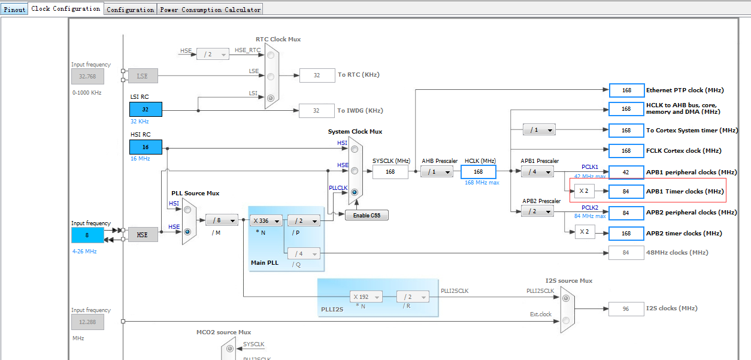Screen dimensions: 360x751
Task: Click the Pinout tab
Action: tap(14, 10)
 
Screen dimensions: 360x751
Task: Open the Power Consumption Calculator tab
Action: tap(210, 10)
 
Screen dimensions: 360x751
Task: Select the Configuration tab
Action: tap(130, 10)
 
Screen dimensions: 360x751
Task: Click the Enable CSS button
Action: tap(367, 215)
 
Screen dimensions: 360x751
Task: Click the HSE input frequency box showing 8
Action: tap(87, 235)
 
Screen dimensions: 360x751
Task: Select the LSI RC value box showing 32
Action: tap(146, 109)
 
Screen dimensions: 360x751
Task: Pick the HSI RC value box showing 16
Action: tap(146, 147)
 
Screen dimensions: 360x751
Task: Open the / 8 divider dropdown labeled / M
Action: tap(222, 220)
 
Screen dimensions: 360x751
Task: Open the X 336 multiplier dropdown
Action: tap(266, 220)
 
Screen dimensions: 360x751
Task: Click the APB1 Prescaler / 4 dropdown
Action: tap(537, 171)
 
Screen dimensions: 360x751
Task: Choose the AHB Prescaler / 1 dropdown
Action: tap(437, 171)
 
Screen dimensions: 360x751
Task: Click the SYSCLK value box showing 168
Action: tap(390, 172)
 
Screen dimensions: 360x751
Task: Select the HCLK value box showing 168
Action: tap(478, 172)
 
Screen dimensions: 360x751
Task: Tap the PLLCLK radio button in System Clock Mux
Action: tap(355, 192)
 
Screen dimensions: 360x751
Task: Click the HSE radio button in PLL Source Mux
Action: tap(187, 231)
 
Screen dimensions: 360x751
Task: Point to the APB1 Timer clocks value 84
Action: tap(626, 192)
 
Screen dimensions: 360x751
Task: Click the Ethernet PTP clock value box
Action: tap(626, 90)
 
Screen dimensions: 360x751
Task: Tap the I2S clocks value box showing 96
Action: tap(626, 308)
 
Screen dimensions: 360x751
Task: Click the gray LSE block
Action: tap(142, 76)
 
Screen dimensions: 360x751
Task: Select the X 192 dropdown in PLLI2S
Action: tap(365, 297)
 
